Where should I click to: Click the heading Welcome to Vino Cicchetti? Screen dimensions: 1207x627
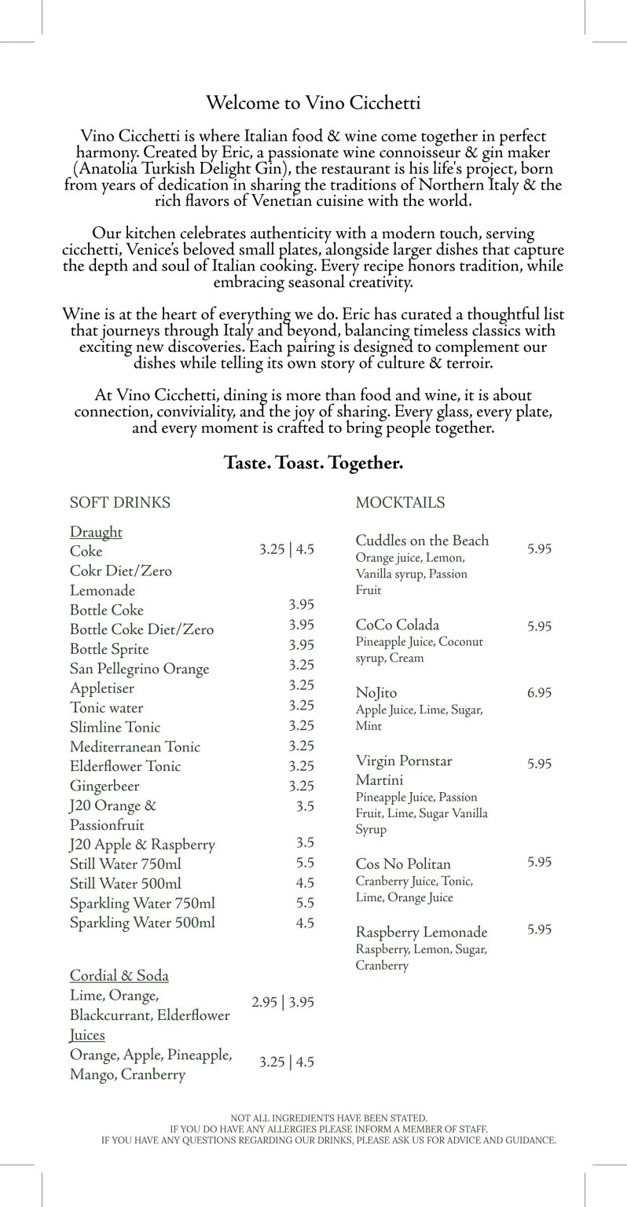(x=313, y=103)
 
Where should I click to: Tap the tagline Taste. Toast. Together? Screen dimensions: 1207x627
(x=313, y=463)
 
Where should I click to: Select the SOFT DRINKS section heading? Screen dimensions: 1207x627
(x=119, y=503)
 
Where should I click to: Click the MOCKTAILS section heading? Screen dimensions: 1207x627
(x=400, y=503)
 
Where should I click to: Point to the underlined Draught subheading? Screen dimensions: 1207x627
(x=96, y=532)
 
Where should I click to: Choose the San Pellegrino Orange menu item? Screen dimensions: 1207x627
(x=139, y=669)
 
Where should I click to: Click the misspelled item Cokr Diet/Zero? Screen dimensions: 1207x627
(x=120, y=570)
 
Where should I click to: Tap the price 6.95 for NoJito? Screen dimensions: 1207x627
(x=539, y=692)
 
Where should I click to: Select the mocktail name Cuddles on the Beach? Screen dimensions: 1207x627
(x=422, y=541)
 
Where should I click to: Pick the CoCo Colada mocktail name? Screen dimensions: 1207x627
(x=397, y=626)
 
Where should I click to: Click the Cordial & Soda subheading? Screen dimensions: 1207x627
(x=119, y=975)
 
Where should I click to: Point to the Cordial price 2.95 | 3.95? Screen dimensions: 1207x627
(x=282, y=1002)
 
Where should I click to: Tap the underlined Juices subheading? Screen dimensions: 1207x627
(x=87, y=1035)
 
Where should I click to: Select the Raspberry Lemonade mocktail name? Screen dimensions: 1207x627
(x=421, y=933)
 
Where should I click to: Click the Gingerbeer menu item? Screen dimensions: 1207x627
(x=104, y=786)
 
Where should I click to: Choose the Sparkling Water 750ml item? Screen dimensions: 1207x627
(x=142, y=903)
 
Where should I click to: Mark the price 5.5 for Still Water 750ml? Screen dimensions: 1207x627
(x=305, y=862)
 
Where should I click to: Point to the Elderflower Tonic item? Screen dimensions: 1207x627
(x=125, y=766)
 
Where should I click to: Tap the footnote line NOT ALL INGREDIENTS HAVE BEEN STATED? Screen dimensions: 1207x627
(x=328, y=1117)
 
